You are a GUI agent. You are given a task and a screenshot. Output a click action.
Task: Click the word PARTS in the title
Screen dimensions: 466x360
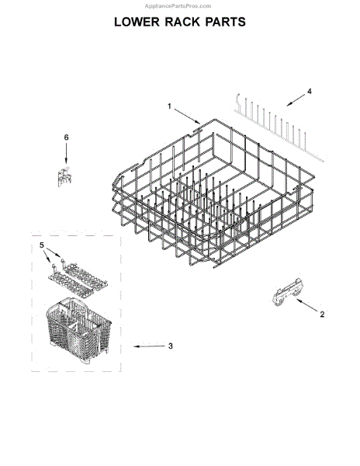point(228,23)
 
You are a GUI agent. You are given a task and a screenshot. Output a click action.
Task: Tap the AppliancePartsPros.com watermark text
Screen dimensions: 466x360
point(179,5)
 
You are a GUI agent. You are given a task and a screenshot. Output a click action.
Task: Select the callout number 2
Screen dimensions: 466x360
point(322,315)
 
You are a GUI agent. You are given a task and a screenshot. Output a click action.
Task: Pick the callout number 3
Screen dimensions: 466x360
point(171,346)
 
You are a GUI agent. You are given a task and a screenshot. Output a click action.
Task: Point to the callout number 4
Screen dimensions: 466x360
point(310,92)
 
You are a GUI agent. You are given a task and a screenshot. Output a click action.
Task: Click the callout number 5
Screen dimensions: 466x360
point(42,245)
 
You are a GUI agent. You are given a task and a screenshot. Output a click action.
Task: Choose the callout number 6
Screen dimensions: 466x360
point(65,137)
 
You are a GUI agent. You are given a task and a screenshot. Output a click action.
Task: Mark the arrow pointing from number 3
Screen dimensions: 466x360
point(147,346)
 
